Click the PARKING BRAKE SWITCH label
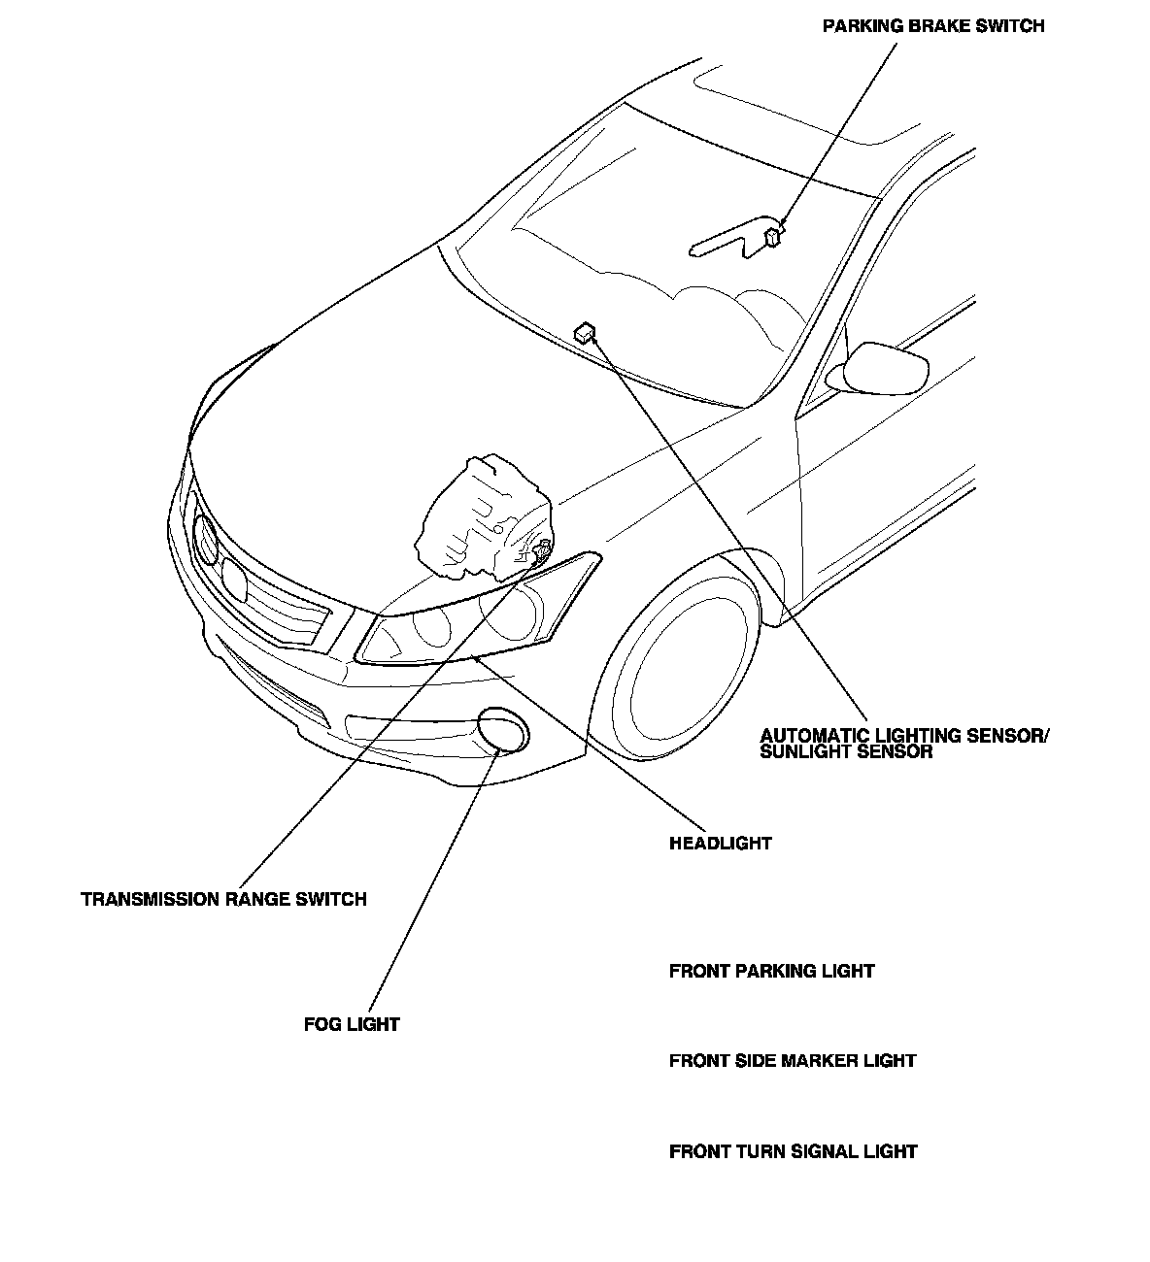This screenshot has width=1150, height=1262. pos(932,26)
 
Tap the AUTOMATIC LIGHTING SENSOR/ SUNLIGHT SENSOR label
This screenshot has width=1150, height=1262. pos(904,743)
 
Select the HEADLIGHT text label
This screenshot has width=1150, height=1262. pos(720,843)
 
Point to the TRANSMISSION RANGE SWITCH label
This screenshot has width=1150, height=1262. pos(223,899)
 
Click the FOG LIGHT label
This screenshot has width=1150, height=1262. pos(352,1023)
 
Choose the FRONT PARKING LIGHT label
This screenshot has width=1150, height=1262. pos(771,971)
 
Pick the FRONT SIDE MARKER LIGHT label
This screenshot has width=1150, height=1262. pos(792,1060)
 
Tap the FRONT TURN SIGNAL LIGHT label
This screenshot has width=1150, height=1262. pos(793,1151)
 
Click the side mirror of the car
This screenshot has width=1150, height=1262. pos(885,368)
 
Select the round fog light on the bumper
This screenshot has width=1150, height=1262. pos(504,730)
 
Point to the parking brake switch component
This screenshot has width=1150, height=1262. pos(774,235)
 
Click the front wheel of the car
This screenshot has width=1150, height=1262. pos(680,665)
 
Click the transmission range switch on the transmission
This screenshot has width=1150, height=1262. pos(540,551)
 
